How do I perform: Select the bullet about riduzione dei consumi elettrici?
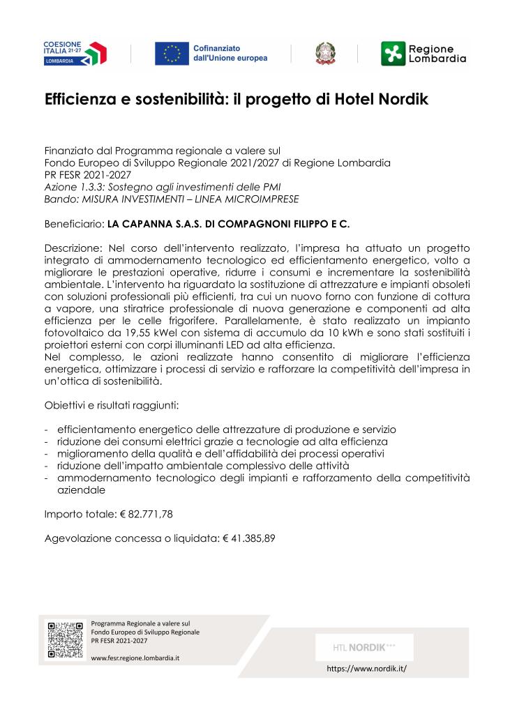tap(222, 441)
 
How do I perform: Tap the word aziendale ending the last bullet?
tap(82, 489)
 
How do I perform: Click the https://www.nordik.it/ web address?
tap(366, 668)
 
